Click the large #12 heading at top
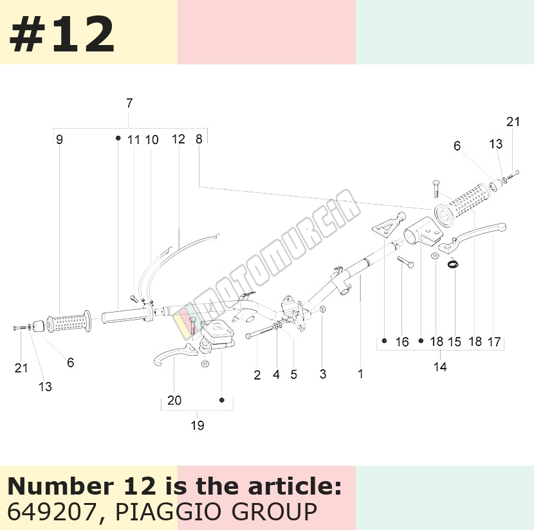click(x=62, y=35)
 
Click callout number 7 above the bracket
click(x=129, y=103)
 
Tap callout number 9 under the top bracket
click(x=60, y=139)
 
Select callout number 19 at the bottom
click(x=198, y=425)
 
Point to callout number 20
click(x=174, y=400)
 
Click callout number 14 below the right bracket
click(x=440, y=367)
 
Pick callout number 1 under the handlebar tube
click(x=361, y=374)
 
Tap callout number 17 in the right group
click(x=494, y=342)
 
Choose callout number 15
click(x=454, y=342)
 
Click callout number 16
click(x=402, y=342)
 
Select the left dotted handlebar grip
click(x=69, y=322)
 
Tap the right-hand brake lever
click(x=472, y=238)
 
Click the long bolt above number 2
click(x=260, y=332)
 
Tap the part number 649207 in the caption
click(x=51, y=511)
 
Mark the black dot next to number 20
click(x=222, y=400)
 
